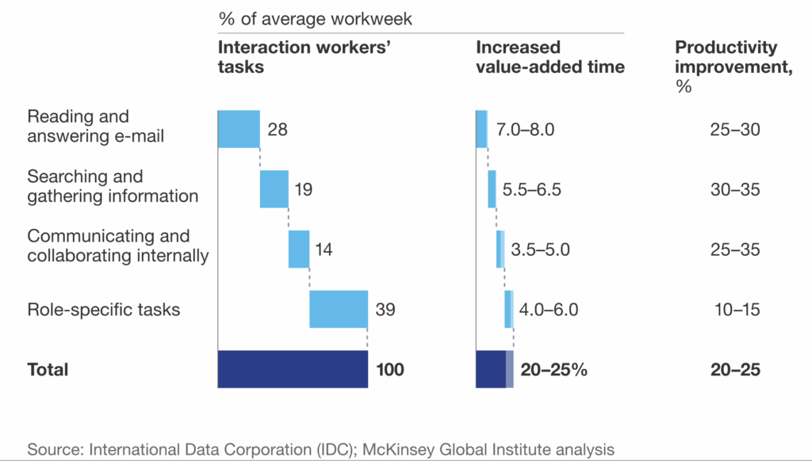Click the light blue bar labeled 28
pyautogui.click(x=239, y=129)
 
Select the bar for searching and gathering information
pyautogui.click(x=274, y=189)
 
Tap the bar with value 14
pyautogui.click(x=299, y=250)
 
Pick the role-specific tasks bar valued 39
pyautogui.click(x=339, y=309)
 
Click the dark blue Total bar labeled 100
pyautogui.click(x=293, y=369)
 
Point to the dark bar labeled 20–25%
pyautogui.click(x=491, y=369)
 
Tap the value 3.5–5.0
pyautogui.click(x=541, y=250)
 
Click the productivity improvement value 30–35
pyautogui.click(x=735, y=190)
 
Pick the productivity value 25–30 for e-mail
pyautogui.click(x=735, y=130)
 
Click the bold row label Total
pyautogui.click(x=48, y=370)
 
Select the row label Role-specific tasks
pyautogui.click(x=104, y=310)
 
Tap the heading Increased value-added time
pyautogui.click(x=550, y=57)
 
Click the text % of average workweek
pyautogui.click(x=316, y=18)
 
